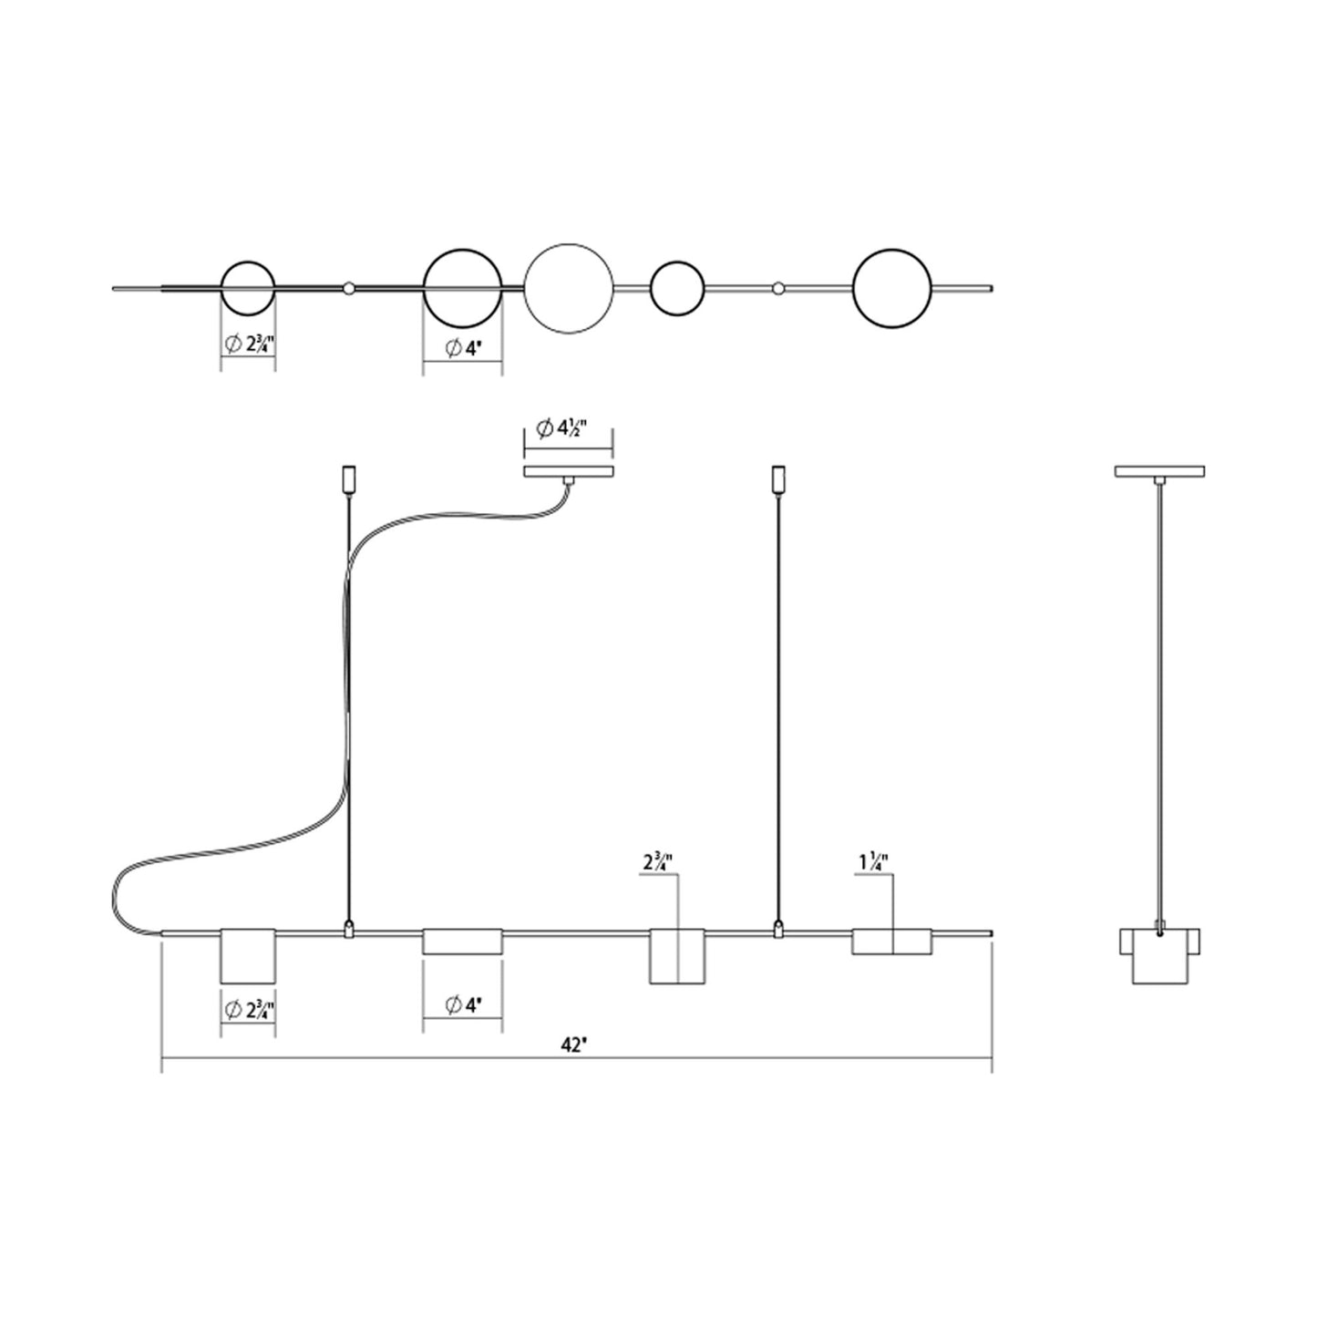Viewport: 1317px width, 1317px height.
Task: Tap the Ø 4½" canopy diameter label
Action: click(x=561, y=429)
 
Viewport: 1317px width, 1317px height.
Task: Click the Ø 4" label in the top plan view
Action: click(x=463, y=348)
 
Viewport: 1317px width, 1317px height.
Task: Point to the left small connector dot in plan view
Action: click(x=349, y=288)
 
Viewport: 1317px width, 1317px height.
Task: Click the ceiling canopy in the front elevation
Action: click(x=569, y=471)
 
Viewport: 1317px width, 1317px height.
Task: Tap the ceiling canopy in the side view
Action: click(x=1159, y=471)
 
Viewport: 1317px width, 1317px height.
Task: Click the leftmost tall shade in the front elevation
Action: click(x=248, y=955)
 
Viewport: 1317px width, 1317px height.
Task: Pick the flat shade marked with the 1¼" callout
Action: click(x=891, y=941)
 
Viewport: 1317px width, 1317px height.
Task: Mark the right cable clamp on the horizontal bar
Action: click(x=777, y=929)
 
